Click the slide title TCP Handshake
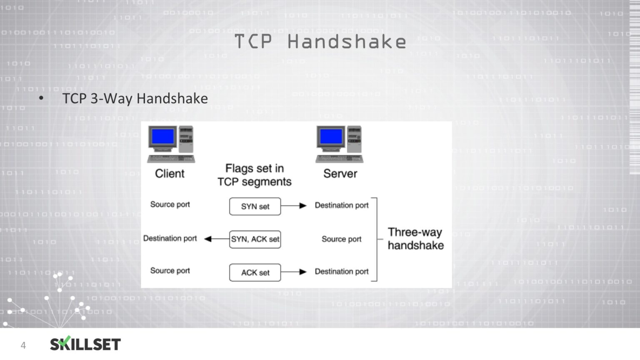point(320,42)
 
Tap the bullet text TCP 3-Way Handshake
point(135,99)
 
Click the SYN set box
point(255,206)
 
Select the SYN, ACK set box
point(255,239)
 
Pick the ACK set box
point(255,272)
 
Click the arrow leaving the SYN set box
point(294,205)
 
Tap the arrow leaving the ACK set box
point(294,272)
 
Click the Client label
point(170,174)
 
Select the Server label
point(340,174)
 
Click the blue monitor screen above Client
point(163,136)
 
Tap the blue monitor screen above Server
point(331,136)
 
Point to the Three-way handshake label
point(415,239)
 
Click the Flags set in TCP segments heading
point(255,175)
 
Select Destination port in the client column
point(170,238)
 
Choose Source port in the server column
point(341,239)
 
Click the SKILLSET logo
point(85,344)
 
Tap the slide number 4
point(23,345)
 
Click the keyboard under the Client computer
point(171,159)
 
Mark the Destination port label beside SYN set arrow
point(342,205)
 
